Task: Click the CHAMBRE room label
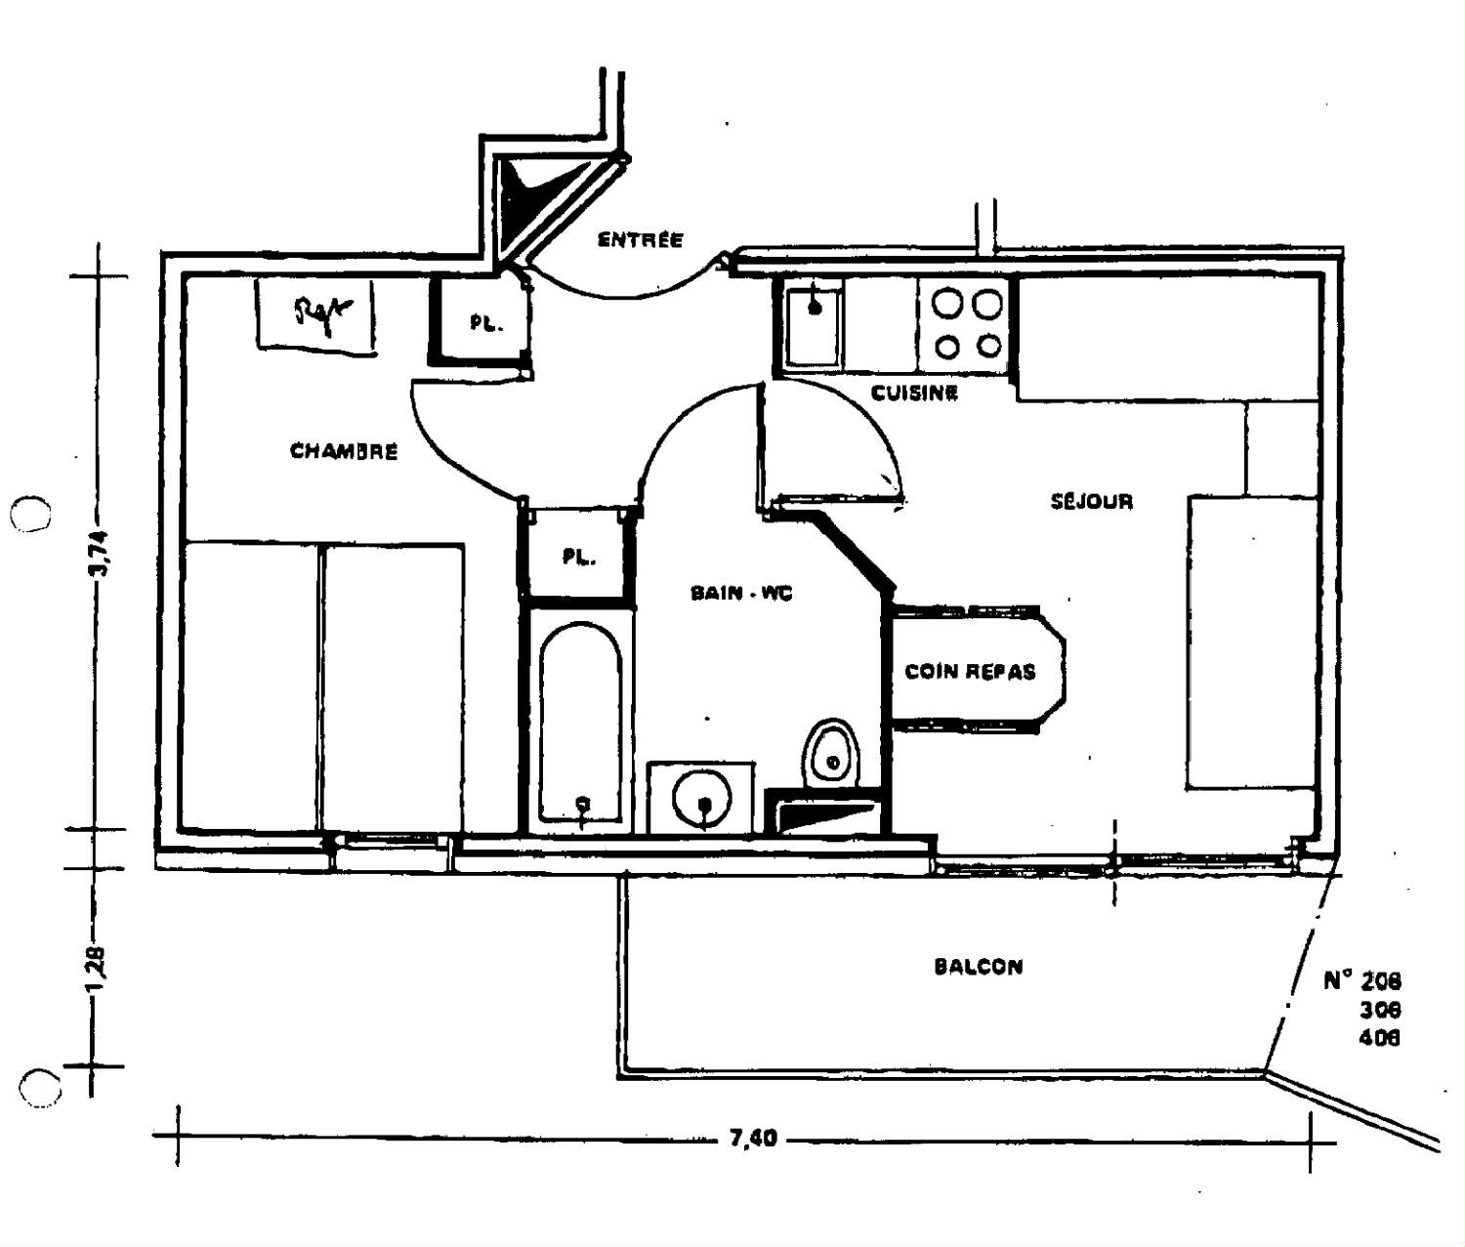344,451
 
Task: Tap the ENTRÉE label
640,239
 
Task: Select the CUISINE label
914,393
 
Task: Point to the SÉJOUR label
1091,502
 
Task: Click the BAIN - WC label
741,593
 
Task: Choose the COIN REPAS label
970,672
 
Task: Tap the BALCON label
979,967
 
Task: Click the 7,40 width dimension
753,1139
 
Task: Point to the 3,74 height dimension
102,554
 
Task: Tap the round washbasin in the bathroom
702,801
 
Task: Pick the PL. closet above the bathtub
578,557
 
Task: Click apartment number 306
1379,1010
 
